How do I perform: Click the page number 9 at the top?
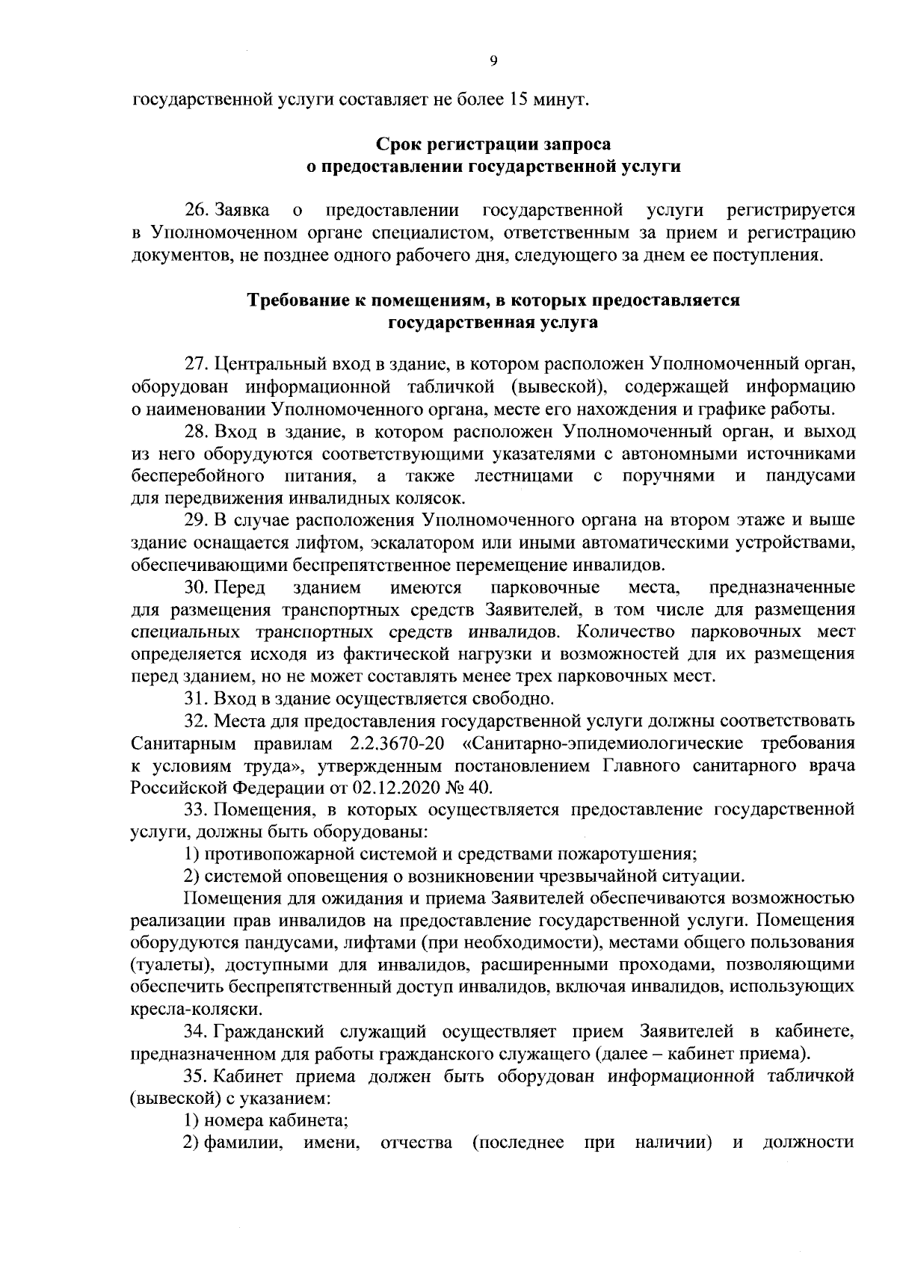click(x=493, y=62)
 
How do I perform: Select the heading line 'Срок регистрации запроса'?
click(x=493, y=143)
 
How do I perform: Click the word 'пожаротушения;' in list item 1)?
click(x=638, y=853)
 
